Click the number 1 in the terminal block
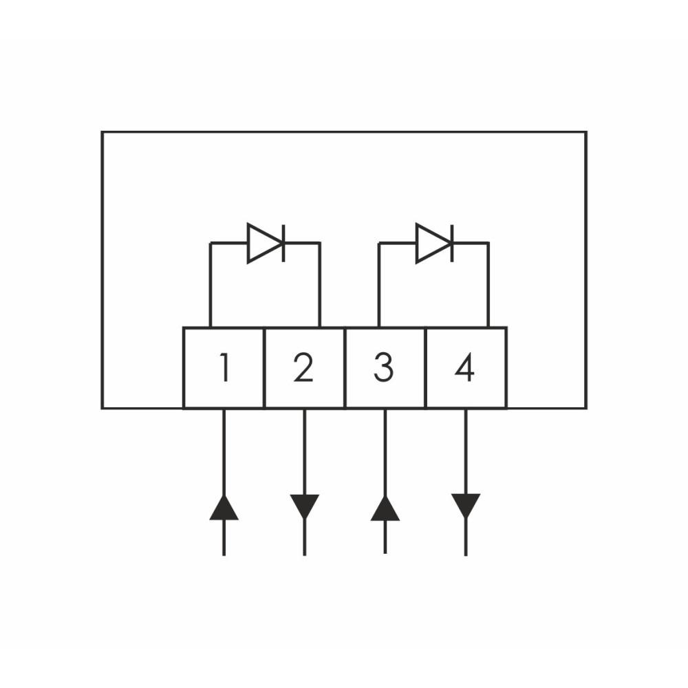(x=225, y=367)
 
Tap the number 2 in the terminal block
(x=303, y=367)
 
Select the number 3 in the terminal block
(x=383, y=367)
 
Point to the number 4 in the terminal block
(x=464, y=367)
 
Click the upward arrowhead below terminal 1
(x=224, y=508)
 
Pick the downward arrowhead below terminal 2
(x=305, y=507)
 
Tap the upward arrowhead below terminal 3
(x=385, y=508)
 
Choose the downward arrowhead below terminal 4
(x=466, y=506)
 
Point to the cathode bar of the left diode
(x=283, y=243)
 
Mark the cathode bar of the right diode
(x=452, y=243)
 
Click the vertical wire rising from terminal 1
(x=211, y=286)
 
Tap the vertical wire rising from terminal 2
(x=320, y=286)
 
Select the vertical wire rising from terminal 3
(x=379, y=286)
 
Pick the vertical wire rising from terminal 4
(x=488, y=286)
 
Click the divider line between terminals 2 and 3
(x=345, y=367)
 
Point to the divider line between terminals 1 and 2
(x=265, y=367)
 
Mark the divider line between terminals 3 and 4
(x=426, y=367)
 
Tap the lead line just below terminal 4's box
(x=466, y=452)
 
